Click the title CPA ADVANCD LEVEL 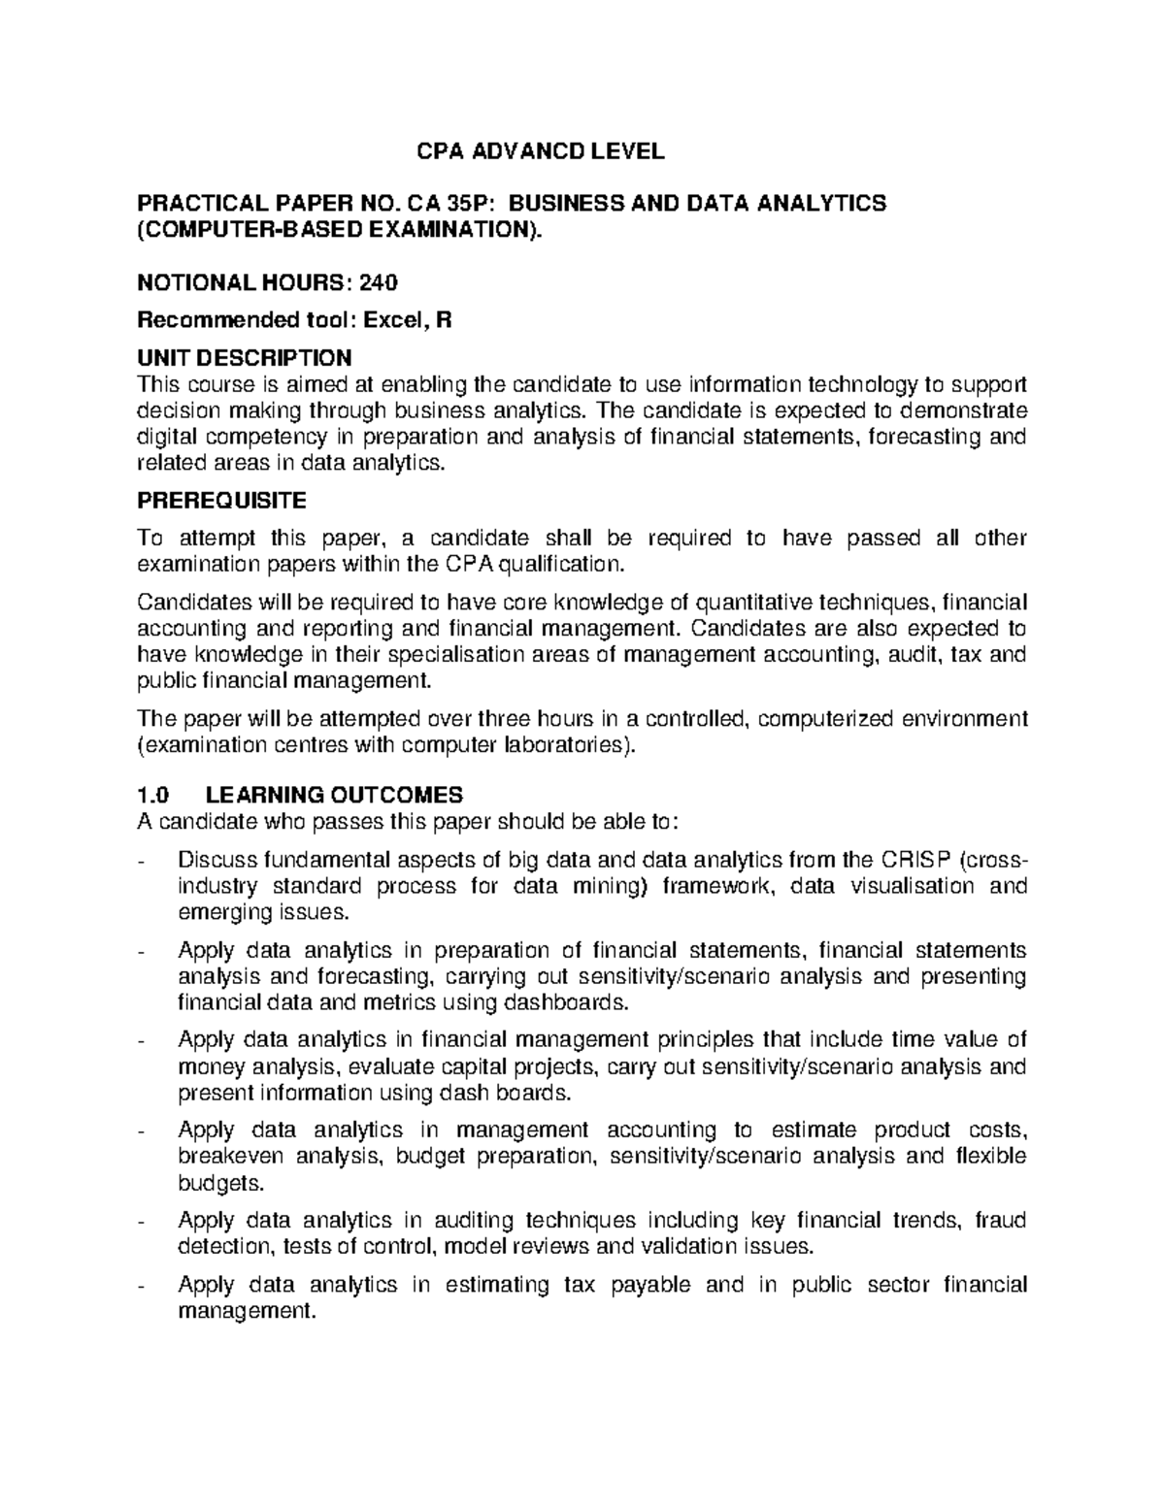(540, 151)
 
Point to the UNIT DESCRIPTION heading (244, 358)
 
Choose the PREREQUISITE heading (221, 501)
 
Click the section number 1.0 (153, 796)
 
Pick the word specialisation (447, 655)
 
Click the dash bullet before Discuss (144, 861)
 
